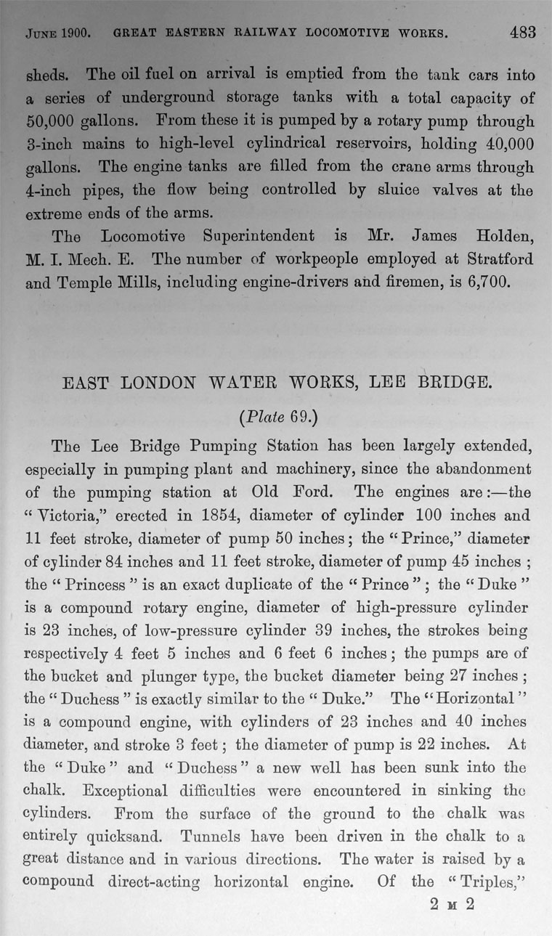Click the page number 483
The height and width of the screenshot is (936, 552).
click(x=522, y=32)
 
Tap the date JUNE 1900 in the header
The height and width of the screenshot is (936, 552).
click(x=57, y=33)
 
